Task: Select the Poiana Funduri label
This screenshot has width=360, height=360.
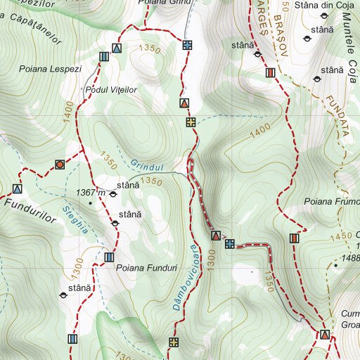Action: pyautogui.click(x=146, y=267)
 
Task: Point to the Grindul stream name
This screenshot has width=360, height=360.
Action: pyautogui.click(x=147, y=167)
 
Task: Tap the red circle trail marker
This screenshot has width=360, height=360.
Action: pyautogui.click(x=60, y=165)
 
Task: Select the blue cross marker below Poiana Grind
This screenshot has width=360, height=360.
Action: pyautogui.click(x=187, y=45)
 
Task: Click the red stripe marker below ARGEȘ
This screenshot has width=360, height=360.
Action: pyautogui.click(x=270, y=72)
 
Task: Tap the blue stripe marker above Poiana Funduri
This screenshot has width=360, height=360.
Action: pyautogui.click(x=108, y=257)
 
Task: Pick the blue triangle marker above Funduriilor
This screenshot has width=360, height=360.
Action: pyautogui.click(x=17, y=188)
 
